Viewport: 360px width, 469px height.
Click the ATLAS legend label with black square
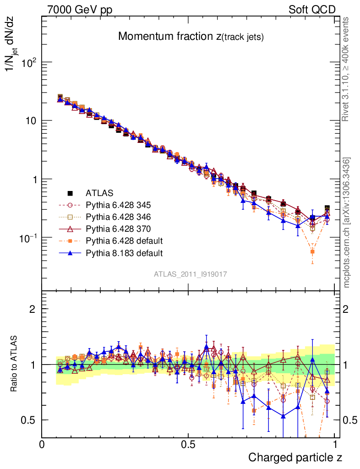99,193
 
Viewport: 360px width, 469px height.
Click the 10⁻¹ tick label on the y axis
27,238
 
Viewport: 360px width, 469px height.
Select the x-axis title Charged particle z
295,457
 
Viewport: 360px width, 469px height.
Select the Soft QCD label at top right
312,10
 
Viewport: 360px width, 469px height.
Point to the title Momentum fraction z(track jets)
191,37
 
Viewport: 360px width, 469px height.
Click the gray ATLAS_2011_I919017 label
191,274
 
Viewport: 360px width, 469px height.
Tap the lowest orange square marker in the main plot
312,251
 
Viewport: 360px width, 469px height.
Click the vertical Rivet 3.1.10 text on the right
346,69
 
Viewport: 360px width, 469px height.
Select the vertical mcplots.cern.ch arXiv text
347,222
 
